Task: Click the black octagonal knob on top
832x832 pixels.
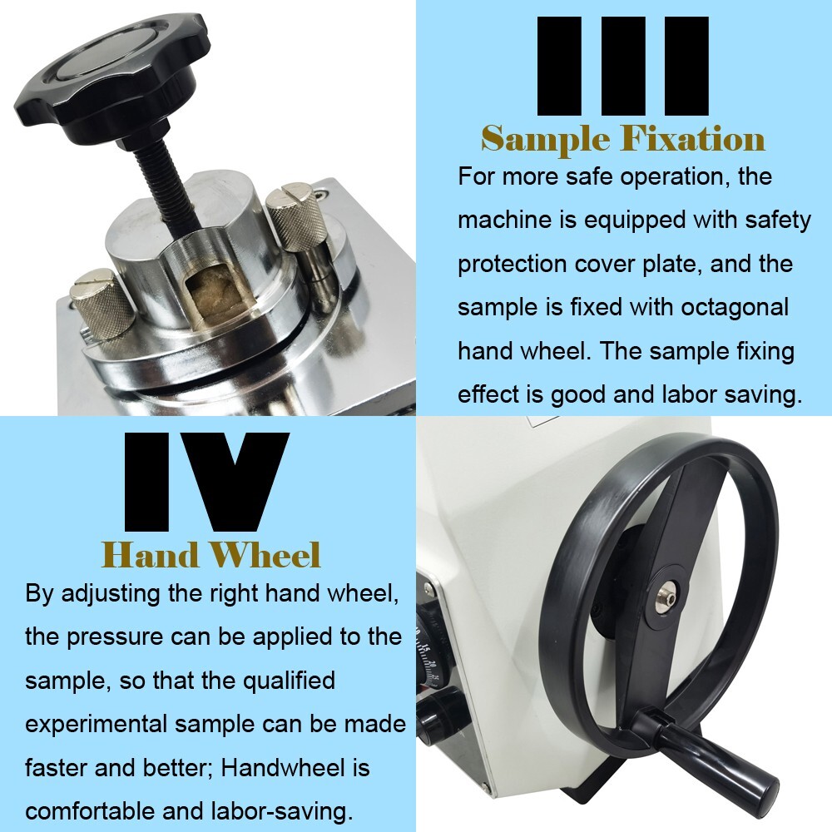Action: (112, 74)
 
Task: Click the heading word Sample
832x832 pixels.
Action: (546, 139)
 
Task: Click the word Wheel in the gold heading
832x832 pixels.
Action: (265, 555)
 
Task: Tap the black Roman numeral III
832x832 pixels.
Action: (623, 66)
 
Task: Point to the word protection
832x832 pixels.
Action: (512, 265)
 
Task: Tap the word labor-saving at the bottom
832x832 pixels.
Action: (282, 812)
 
